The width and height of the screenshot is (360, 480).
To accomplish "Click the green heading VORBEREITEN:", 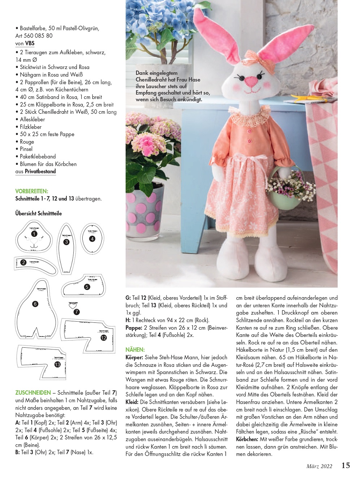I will (x=32, y=191).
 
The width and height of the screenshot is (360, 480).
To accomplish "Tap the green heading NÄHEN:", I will (x=135, y=350).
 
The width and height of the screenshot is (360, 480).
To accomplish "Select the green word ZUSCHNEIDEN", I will (x=33, y=393).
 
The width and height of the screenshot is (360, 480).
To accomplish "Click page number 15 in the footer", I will (x=346, y=465).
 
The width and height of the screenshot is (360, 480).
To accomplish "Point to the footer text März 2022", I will (x=319, y=466).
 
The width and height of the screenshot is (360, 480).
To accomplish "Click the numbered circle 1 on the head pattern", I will (x=34, y=234).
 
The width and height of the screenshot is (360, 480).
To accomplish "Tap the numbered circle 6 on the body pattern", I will (x=35, y=304).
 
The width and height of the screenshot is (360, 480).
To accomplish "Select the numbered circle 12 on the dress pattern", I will (x=104, y=338).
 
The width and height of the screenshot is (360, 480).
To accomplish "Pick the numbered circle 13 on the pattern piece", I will (x=57, y=364).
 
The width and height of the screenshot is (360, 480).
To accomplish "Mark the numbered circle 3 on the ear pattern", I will (x=66, y=242).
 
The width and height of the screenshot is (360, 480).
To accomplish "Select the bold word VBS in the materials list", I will (x=30, y=43).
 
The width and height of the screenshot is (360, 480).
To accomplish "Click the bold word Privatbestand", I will (x=40, y=171).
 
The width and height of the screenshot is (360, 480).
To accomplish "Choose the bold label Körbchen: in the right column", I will (x=247, y=439).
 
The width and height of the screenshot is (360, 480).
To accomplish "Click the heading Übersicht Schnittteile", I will (x=39, y=213).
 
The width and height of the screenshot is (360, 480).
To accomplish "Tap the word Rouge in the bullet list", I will (x=27, y=142).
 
